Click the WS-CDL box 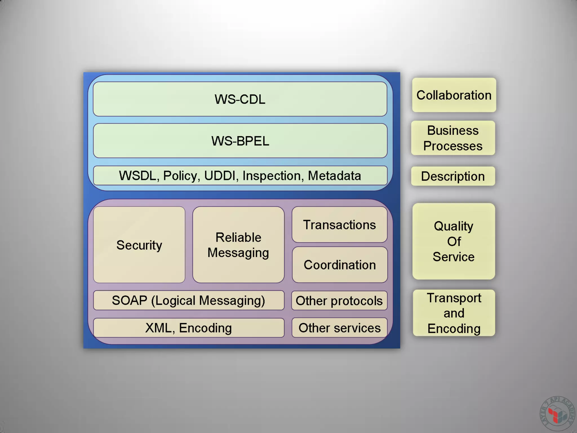pyautogui.click(x=240, y=99)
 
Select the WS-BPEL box pyautogui.click(x=240, y=141)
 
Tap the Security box pyautogui.click(x=139, y=245)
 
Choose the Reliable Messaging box pyautogui.click(x=238, y=245)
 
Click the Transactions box pyautogui.click(x=339, y=225)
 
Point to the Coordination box pyautogui.click(x=340, y=265)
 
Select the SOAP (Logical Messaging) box pyautogui.click(x=188, y=300)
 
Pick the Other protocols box pyautogui.click(x=339, y=301)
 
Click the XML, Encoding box pyautogui.click(x=188, y=328)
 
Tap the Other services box pyautogui.click(x=339, y=328)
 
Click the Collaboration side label pyautogui.click(x=454, y=95)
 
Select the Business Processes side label pyautogui.click(x=453, y=138)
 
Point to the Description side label pyautogui.click(x=453, y=176)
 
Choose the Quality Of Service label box pyautogui.click(x=454, y=241)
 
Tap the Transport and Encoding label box pyautogui.click(x=454, y=313)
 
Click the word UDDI pyautogui.click(x=220, y=176)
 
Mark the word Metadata pyautogui.click(x=334, y=176)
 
